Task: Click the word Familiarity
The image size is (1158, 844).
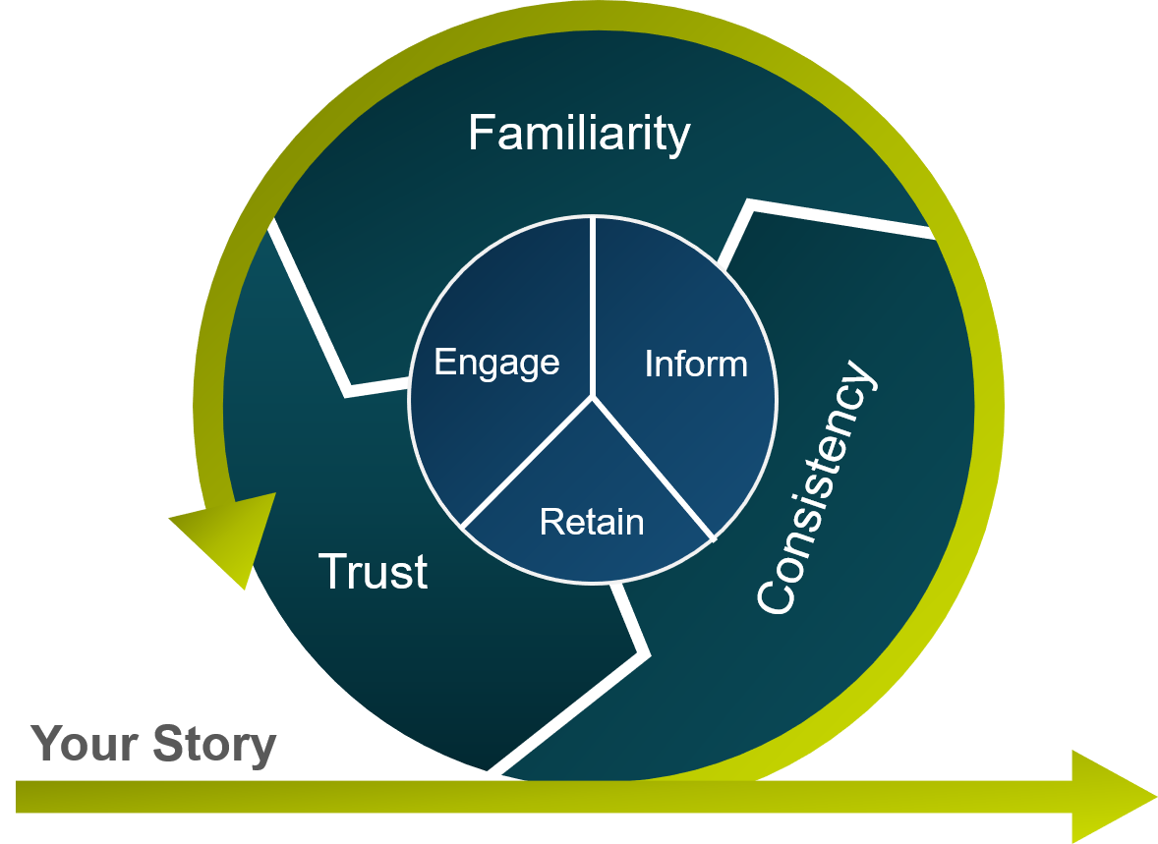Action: tap(579, 133)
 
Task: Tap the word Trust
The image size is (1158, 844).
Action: tap(373, 571)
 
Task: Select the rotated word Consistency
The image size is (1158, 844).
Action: tap(815, 488)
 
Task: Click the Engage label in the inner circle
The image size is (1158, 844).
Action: tap(496, 364)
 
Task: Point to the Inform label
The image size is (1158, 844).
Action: tap(695, 365)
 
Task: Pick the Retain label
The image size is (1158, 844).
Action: tap(592, 522)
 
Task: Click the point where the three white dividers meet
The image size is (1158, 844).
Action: tap(593, 397)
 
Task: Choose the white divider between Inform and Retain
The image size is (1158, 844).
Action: tap(653, 468)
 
